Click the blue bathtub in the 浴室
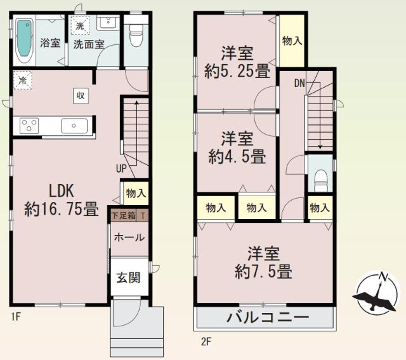[25, 39]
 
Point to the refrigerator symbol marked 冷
[22, 81]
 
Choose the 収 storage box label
[82, 95]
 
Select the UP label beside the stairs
[121, 169]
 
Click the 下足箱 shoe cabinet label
[124, 215]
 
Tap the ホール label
[128, 237]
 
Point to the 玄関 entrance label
[128, 277]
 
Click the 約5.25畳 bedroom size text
[237, 72]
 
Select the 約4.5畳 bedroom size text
[237, 157]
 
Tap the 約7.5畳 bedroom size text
[263, 272]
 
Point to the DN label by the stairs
[299, 83]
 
